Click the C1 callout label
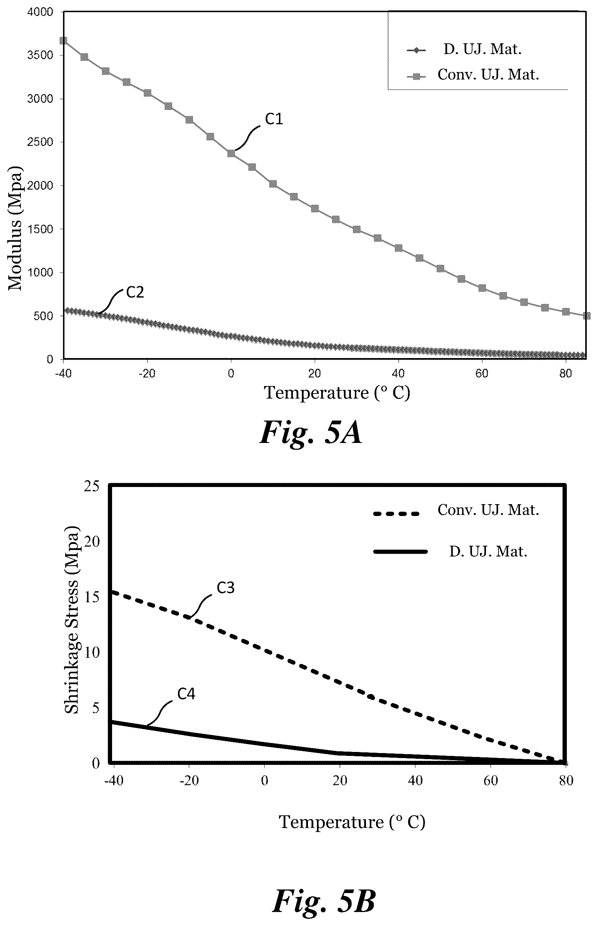tap(274, 119)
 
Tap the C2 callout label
tap(135, 292)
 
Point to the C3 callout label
tap(226, 588)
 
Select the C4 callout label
tap(187, 694)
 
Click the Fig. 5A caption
tap(311, 433)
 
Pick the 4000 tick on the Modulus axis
tap(40, 12)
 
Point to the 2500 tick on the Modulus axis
tap(40, 142)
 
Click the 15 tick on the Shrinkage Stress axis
tap(92, 597)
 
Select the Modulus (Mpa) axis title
tap(15, 228)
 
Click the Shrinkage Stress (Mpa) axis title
tap(72, 620)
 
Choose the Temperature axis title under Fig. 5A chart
tap(337, 392)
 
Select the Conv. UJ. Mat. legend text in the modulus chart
tap(488, 74)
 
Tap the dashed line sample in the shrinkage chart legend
tap(396, 513)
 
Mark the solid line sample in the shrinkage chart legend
tap(400, 551)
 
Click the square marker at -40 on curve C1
tap(63, 41)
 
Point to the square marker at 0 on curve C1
tap(231, 153)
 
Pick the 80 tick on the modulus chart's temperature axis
tap(565, 373)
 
